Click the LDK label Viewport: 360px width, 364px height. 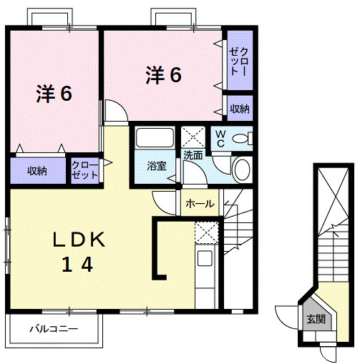pyautogui.click(x=78, y=240)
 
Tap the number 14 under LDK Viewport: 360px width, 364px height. pyautogui.click(x=76, y=265)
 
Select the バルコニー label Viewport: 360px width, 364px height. pyautogui.click(x=54, y=330)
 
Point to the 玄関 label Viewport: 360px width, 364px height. pyautogui.click(x=316, y=320)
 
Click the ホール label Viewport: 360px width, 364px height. pyautogui.click(x=199, y=204)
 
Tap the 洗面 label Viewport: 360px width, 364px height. pyautogui.click(x=193, y=154)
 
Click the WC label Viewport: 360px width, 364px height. pyautogui.click(x=220, y=139)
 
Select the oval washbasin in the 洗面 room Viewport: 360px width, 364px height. pyautogui.click(x=241, y=169)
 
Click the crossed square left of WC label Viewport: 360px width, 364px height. pyautogui.click(x=193, y=136)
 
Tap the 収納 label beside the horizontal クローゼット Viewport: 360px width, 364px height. pyautogui.click(x=37, y=171)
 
